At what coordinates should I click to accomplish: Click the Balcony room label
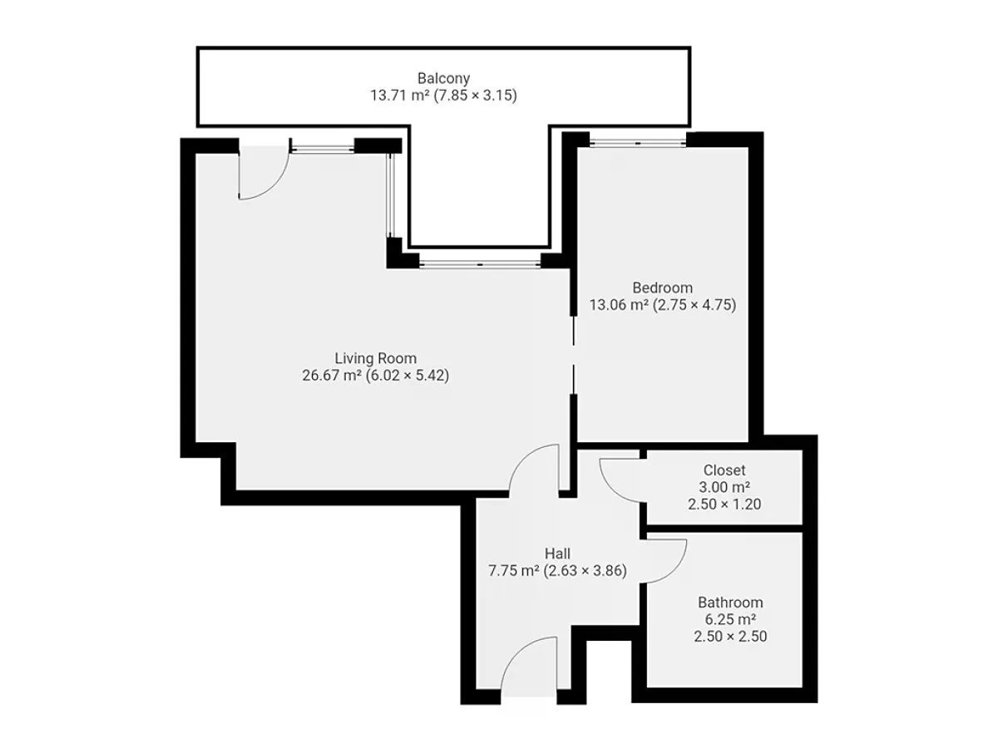(443, 79)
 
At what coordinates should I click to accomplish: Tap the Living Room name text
(376, 358)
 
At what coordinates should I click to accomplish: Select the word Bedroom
(663, 288)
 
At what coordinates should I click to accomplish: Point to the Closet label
(724, 470)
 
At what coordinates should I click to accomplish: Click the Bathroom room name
(730, 603)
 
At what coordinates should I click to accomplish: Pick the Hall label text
(557, 554)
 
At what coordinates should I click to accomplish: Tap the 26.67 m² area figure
(332, 376)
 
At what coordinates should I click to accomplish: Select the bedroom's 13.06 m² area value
(619, 305)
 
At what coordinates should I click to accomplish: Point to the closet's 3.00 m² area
(724, 487)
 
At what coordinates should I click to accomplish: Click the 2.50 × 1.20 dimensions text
(724, 504)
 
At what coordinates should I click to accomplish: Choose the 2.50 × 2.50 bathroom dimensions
(730, 637)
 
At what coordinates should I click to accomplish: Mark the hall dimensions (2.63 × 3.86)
(585, 570)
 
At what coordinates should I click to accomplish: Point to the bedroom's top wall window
(637, 143)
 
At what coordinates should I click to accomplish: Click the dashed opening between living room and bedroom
(574, 355)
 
